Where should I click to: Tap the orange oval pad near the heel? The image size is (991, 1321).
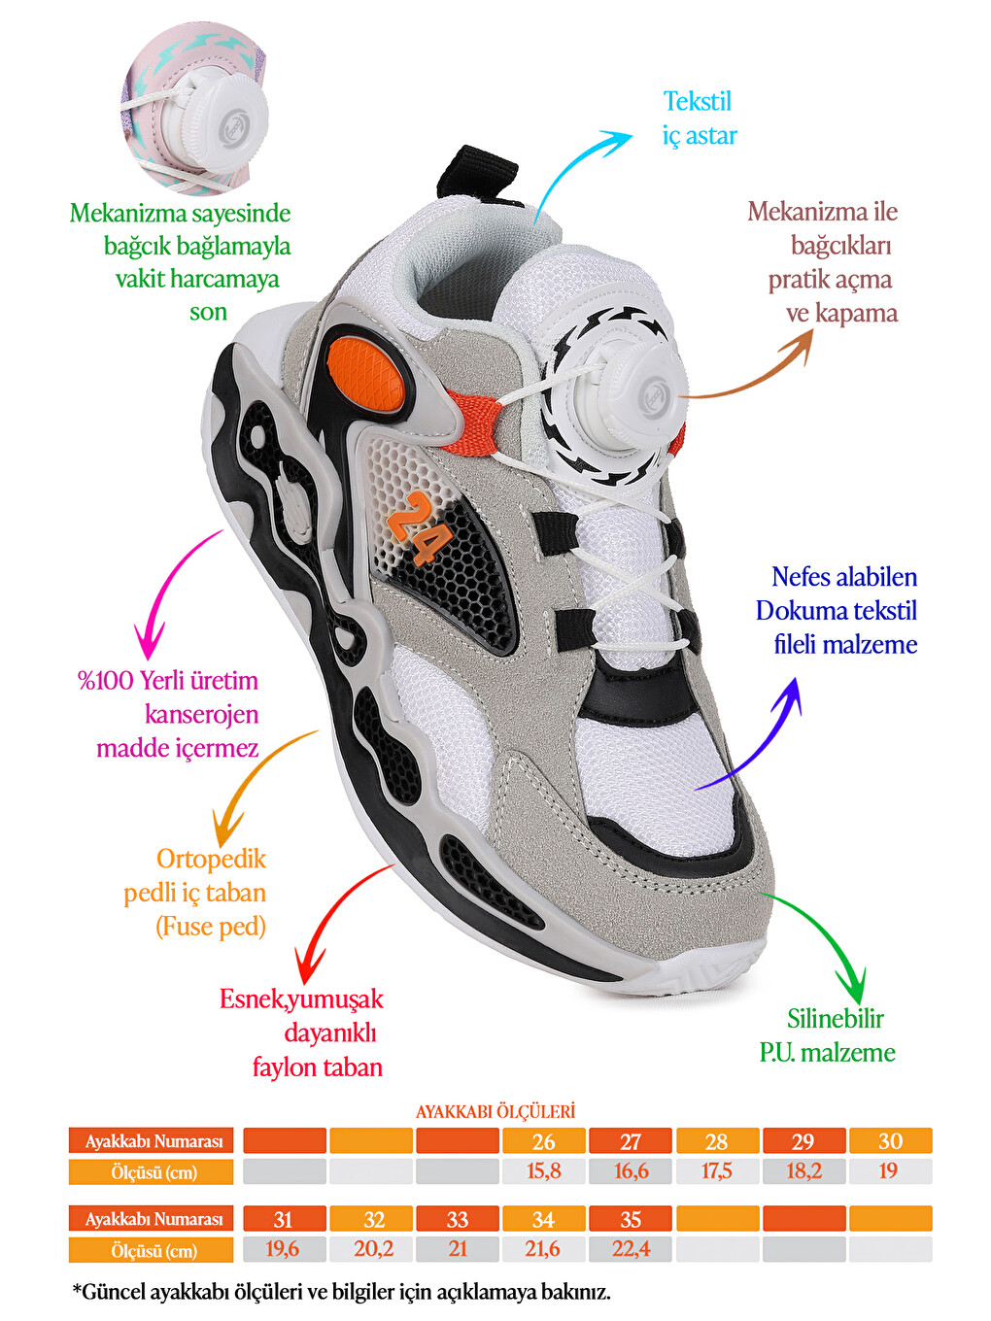click(366, 373)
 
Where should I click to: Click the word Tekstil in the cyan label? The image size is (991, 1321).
click(698, 102)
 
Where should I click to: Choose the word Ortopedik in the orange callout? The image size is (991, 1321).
click(211, 860)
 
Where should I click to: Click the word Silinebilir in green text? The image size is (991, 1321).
click(836, 1019)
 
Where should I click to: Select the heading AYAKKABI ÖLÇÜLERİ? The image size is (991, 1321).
click(495, 1111)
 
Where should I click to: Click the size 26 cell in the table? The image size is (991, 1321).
click(543, 1141)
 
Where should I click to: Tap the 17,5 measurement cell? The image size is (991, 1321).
click(717, 1171)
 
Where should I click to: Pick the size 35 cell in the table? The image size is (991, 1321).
click(630, 1219)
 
